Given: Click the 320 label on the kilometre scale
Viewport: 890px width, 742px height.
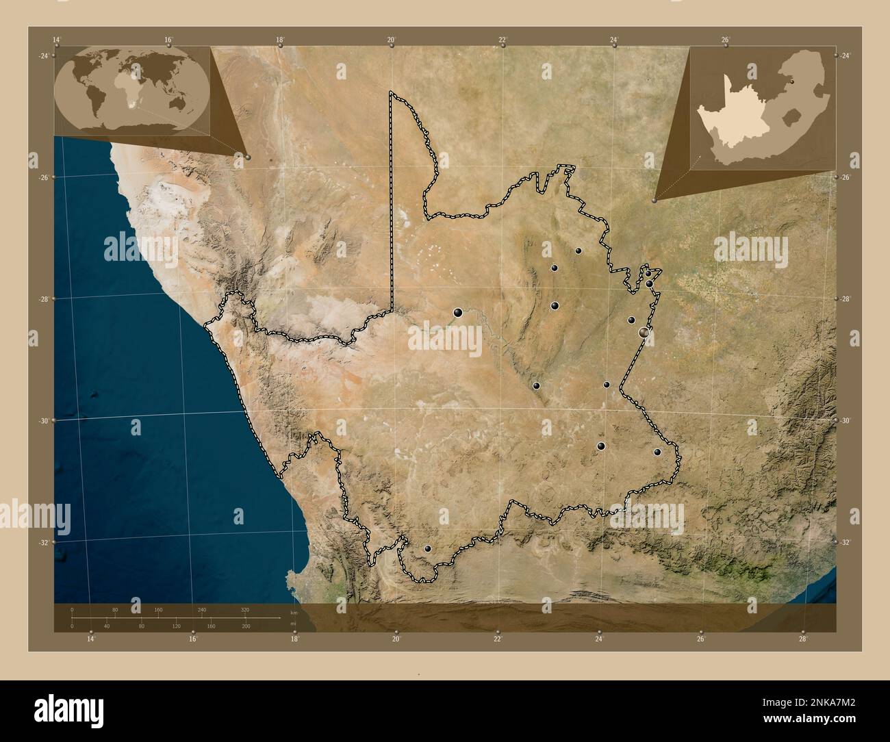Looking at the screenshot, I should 244,609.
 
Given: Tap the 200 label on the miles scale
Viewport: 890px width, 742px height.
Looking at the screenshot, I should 246,626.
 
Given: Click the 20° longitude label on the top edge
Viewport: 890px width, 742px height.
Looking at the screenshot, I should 391,40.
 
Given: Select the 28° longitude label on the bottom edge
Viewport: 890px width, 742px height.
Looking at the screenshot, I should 803,639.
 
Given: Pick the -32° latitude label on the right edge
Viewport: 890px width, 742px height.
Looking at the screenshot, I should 845,542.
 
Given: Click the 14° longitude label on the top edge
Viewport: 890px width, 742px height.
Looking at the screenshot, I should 58,40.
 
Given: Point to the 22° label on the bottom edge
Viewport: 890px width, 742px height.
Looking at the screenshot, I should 498,639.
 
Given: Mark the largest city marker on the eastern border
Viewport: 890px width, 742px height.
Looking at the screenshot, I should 644,332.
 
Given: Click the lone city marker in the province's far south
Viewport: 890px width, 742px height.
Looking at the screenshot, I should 429,548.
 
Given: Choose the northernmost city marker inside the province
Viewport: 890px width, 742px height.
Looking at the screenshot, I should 578,251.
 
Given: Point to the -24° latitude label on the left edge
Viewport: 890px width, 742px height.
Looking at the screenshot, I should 44,55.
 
